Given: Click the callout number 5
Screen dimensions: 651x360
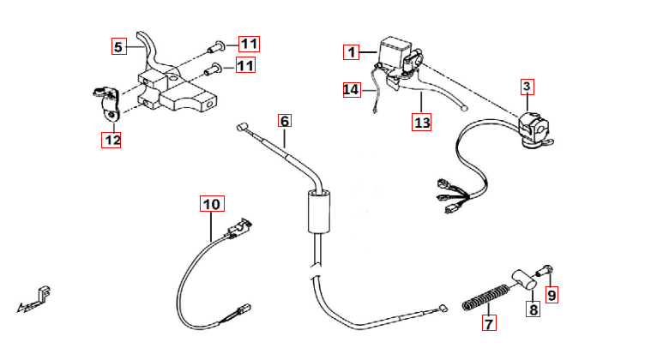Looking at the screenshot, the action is (x=118, y=46).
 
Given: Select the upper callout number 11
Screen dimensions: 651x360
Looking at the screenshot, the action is (x=249, y=44).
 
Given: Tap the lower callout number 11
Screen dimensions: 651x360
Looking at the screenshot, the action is (x=245, y=65).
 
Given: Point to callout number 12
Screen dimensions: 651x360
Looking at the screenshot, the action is (x=112, y=140).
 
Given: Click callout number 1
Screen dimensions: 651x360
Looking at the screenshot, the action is (x=352, y=52).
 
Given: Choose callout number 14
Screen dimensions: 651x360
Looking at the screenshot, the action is (x=352, y=90).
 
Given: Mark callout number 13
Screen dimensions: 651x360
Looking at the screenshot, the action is (x=421, y=123).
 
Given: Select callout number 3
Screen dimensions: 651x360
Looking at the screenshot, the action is (x=527, y=87).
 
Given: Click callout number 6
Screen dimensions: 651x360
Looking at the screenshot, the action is (x=285, y=121).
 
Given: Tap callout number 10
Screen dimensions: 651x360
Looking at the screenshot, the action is (x=212, y=204).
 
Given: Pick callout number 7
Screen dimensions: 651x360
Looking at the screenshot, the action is (x=489, y=322).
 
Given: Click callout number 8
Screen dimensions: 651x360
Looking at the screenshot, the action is (x=533, y=309).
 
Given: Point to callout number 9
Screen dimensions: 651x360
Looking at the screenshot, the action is (x=552, y=296).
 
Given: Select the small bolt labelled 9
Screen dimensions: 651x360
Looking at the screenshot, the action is (x=546, y=270).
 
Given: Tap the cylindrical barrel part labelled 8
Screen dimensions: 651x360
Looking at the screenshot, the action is (x=524, y=279).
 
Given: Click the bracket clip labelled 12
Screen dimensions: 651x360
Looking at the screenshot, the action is (x=107, y=103).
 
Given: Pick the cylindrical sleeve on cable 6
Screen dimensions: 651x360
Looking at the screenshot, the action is (x=319, y=212).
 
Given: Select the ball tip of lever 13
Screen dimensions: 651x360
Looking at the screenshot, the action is (x=465, y=108).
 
